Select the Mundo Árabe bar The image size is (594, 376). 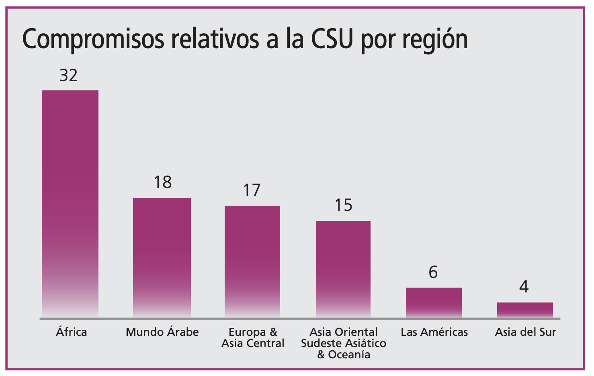tap(162, 257)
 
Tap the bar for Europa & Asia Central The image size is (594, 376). tap(252, 262)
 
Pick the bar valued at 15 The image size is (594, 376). tap(344, 269)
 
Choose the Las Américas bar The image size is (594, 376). tap(434, 302)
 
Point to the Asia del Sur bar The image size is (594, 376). tap(525, 310)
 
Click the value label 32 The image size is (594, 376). tap(68, 76)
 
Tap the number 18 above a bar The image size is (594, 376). tap(163, 182)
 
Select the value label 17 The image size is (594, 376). tap(252, 190)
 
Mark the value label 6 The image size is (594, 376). tap(433, 272)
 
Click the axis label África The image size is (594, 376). tap(72, 332)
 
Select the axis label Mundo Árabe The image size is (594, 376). tap(162, 332)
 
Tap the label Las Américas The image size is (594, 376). tap(434, 332)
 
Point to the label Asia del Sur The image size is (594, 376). tap(526, 332)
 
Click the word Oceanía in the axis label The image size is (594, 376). tap(349, 355)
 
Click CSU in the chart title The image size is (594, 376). tap(332, 39)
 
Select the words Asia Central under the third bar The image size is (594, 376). tap(253, 343)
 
